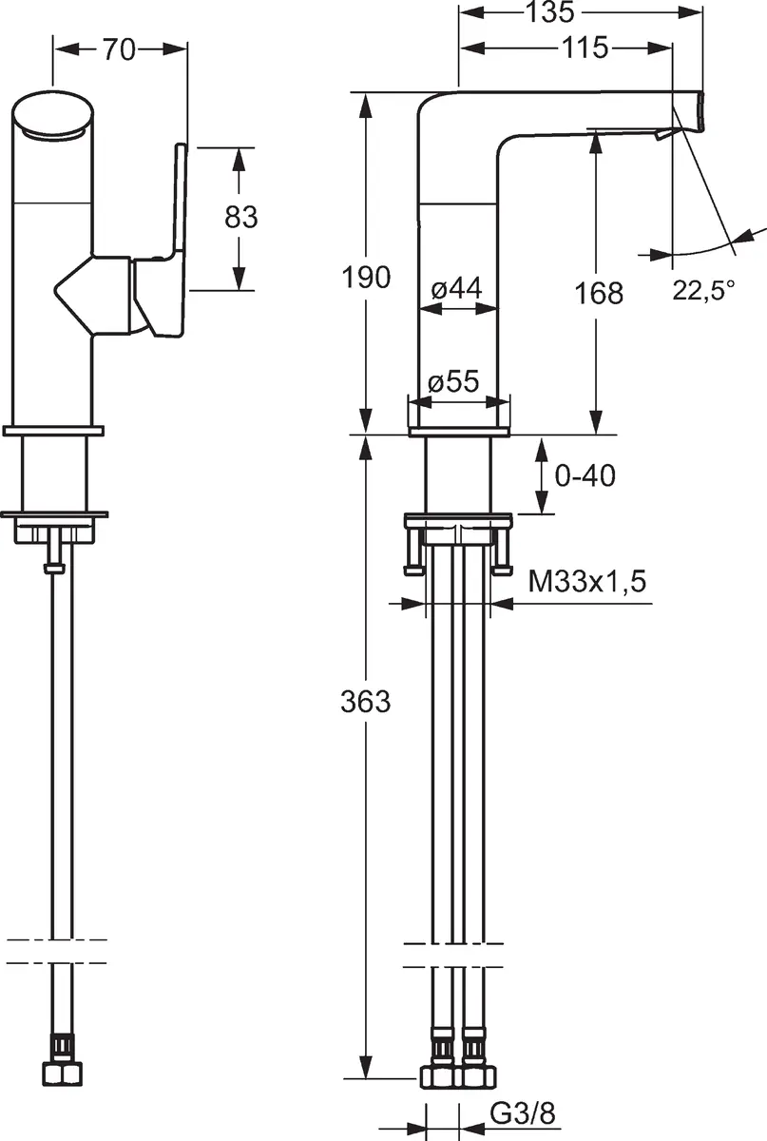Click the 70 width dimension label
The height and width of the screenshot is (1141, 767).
coord(120,49)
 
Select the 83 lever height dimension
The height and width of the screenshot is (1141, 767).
coord(240,217)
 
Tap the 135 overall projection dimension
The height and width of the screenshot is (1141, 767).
coord(549,11)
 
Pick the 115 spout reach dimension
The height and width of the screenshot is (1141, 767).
coord(585,48)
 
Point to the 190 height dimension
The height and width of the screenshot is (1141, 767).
coord(366,278)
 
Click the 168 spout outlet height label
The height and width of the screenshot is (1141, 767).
coord(599,294)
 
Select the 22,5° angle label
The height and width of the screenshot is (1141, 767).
coord(704,291)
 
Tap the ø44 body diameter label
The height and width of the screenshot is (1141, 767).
coord(456,289)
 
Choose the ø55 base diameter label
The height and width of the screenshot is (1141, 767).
coord(454,381)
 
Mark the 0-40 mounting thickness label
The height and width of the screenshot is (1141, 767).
coord(585,475)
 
